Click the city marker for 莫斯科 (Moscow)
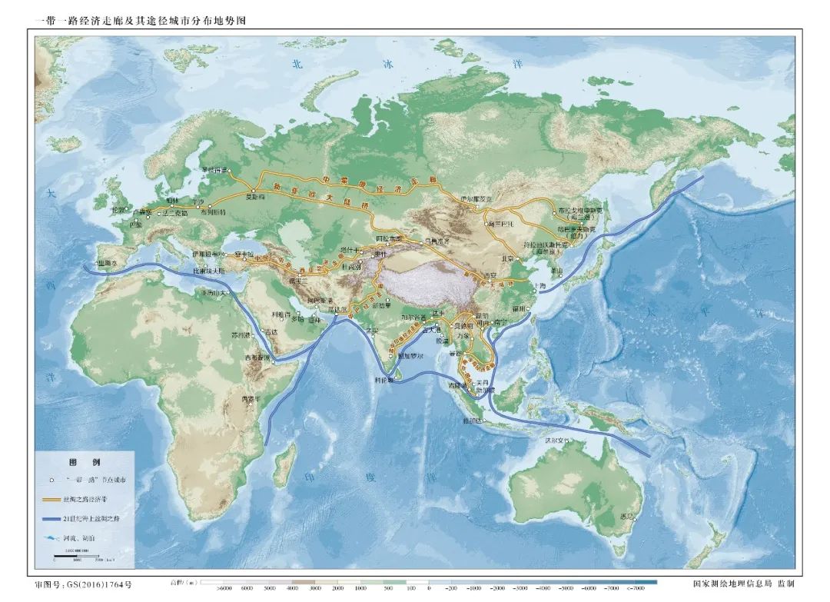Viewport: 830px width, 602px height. [x=254, y=191]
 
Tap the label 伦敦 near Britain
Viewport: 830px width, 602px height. [x=118, y=209]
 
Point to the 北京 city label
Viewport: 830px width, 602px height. [x=506, y=258]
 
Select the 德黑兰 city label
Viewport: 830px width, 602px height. [x=297, y=281]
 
